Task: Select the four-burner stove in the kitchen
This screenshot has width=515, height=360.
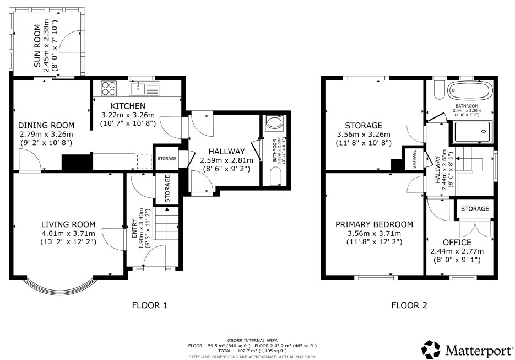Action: (x=109, y=88)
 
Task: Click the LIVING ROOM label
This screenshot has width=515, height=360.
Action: (x=68, y=224)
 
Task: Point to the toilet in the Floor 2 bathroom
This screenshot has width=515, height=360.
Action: (x=439, y=90)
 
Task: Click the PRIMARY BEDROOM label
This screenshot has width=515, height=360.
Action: (x=374, y=224)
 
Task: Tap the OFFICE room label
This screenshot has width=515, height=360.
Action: (x=457, y=242)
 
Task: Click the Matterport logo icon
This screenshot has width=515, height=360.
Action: (x=431, y=349)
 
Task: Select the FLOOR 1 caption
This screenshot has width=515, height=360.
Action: (x=149, y=305)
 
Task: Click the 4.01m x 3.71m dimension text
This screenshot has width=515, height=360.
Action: (x=68, y=233)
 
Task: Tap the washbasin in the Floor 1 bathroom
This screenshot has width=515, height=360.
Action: (x=273, y=123)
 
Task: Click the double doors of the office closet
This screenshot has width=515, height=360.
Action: (x=474, y=228)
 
